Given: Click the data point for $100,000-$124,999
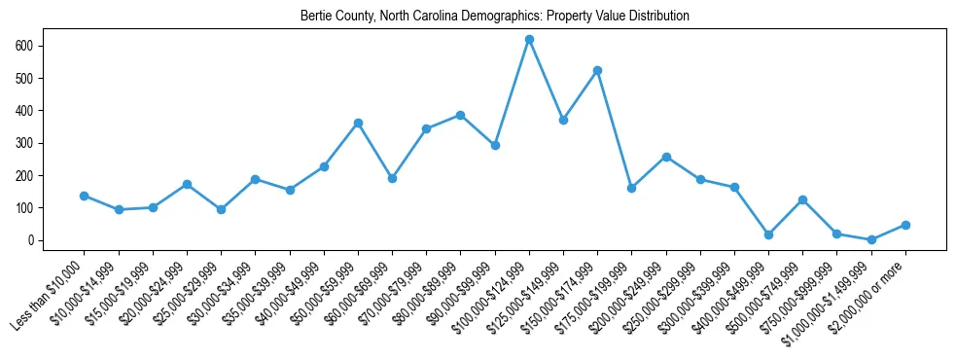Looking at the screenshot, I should (529, 39).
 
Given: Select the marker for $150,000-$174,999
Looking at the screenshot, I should (597, 70).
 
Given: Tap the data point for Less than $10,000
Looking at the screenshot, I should (85, 196).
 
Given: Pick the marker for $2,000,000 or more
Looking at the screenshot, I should (905, 225).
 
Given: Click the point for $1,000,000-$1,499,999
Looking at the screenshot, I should (871, 239).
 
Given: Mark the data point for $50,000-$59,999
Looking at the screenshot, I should (358, 123).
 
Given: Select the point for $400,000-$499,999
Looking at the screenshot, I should (768, 234).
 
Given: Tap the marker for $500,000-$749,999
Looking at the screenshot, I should (802, 199).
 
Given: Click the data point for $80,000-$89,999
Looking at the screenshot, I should (460, 115).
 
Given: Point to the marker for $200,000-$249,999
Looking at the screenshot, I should (666, 157).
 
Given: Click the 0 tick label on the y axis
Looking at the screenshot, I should (33, 240).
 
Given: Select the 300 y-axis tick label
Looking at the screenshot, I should (26, 143).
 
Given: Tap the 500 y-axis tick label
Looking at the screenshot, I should (26, 78).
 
